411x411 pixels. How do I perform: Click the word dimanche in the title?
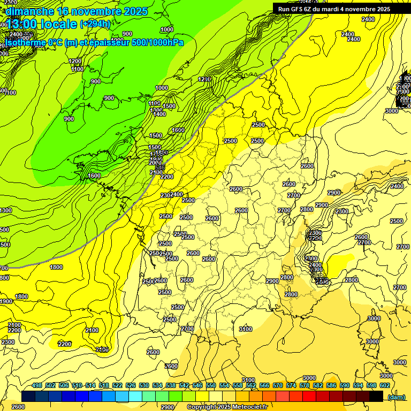click(29, 11)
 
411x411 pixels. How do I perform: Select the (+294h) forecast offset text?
click(95, 24)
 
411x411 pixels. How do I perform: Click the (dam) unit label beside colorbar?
click(397, 397)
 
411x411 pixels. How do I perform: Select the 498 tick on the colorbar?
click(37, 385)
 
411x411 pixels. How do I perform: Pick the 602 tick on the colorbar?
click(385, 385)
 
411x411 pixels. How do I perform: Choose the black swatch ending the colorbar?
click(376, 397)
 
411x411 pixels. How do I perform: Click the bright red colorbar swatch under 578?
click(309, 397)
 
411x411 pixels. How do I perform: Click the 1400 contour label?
click(159, 114)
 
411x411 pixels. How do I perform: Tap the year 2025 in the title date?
click(134, 11)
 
